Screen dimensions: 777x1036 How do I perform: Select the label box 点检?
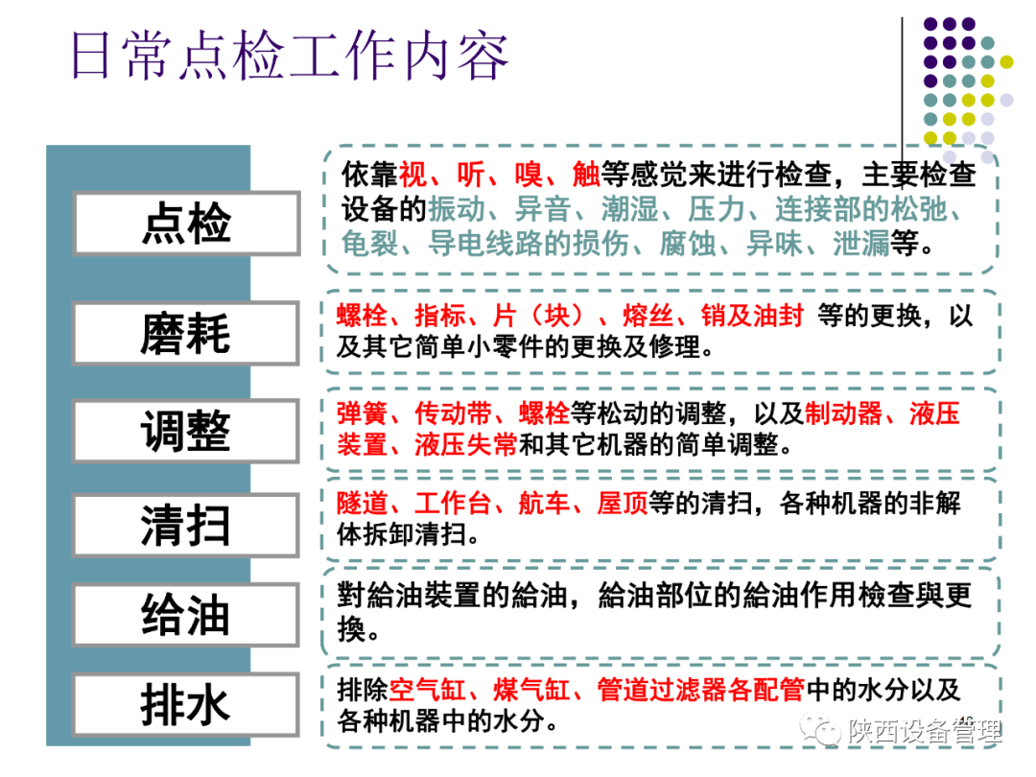click(186, 223)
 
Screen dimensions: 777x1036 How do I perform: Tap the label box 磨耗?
click(186, 333)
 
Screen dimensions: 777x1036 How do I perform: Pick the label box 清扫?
click(186, 525)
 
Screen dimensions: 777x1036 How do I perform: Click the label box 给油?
click(186, 614)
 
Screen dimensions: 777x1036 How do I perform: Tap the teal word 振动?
click(456, 209)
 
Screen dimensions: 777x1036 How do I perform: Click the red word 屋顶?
click(623, 503)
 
